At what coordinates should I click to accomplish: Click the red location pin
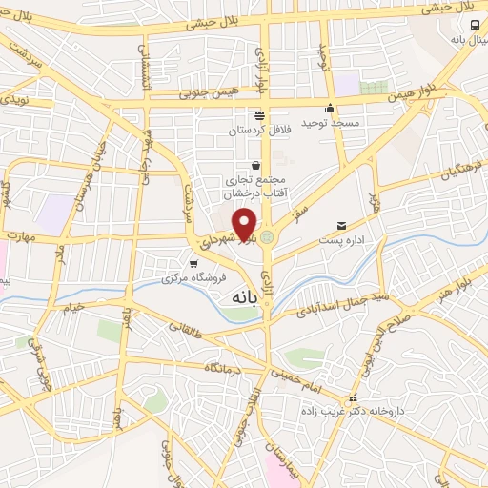[245, 222]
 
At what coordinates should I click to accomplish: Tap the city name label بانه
[243, 296]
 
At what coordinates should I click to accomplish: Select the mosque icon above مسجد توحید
[330, 108]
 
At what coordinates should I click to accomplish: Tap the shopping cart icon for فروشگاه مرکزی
[193, 264]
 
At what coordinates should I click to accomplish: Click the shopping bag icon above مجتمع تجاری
[254, 164]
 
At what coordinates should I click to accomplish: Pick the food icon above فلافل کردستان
[259, 113]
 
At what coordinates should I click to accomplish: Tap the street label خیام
[73, 306]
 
